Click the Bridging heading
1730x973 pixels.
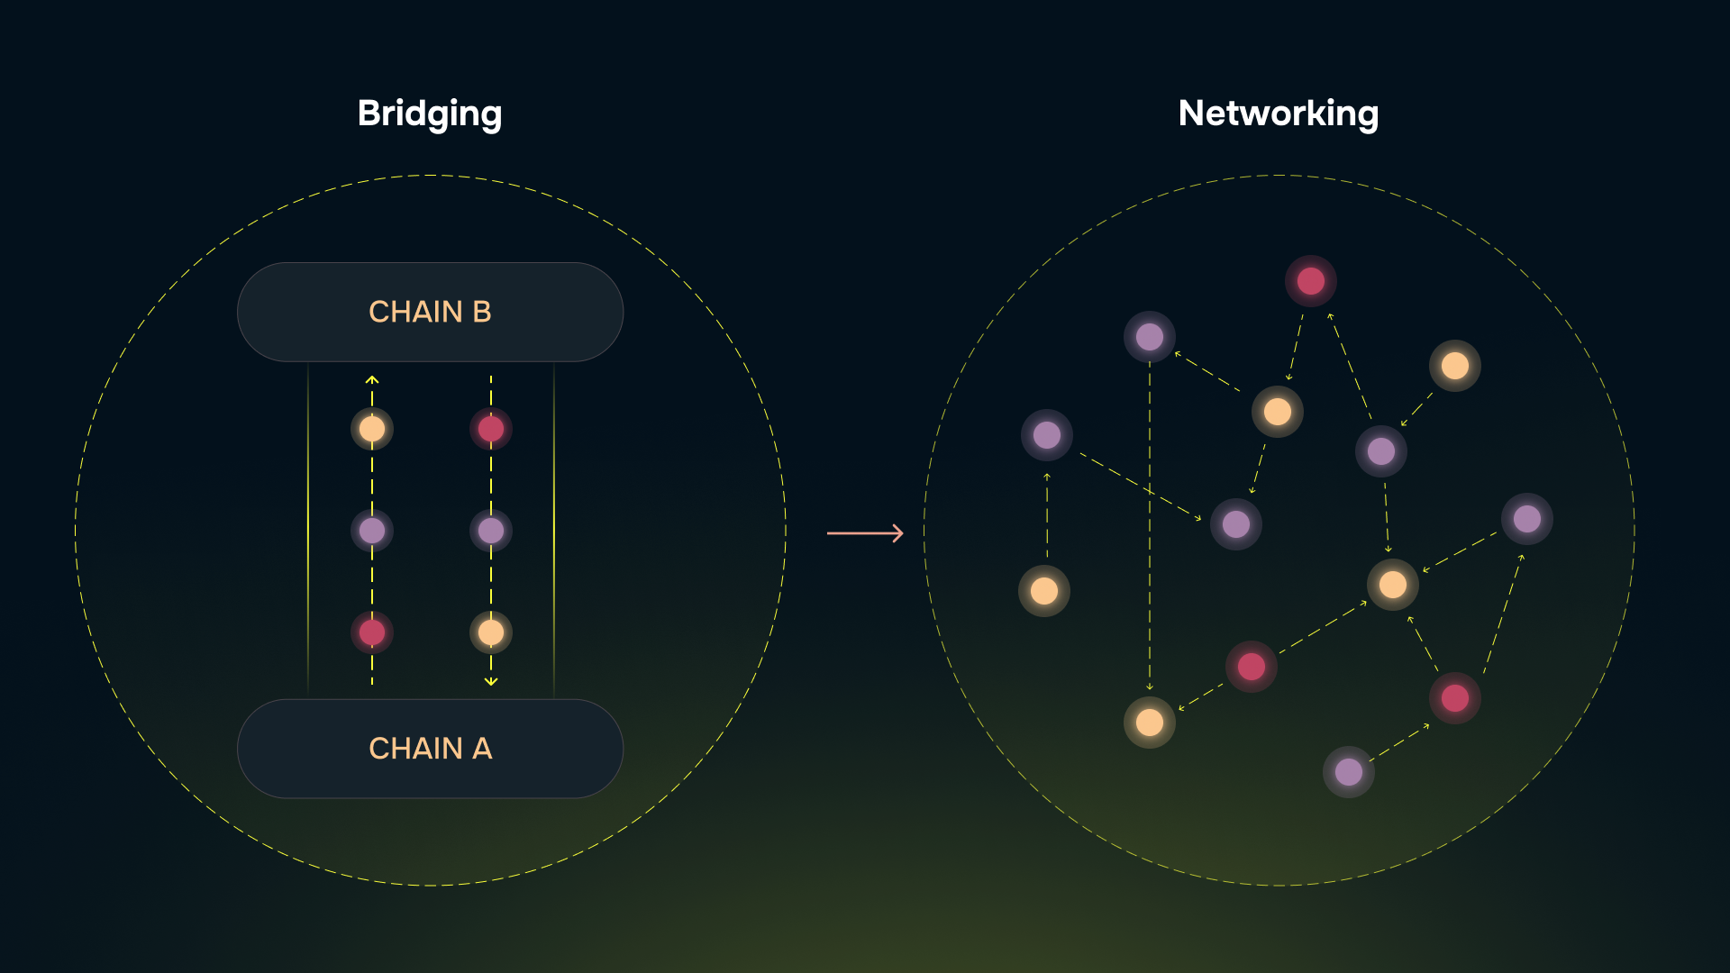tap(430, 114)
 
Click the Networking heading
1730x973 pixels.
tap(1278, 114)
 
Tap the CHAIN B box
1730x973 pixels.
tap(430, 312)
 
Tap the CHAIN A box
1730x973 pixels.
tap(430, 749)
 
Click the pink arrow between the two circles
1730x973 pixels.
tap(865, 533)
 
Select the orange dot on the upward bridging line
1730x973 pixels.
tap(372, 429)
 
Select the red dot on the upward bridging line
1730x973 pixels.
tap(372, 632)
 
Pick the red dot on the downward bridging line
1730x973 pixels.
tap(491, 429)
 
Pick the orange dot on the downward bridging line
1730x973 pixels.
tap(491, 632)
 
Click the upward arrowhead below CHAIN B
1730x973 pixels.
tap(372, 380)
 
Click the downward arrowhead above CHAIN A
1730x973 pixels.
tap(491, 682)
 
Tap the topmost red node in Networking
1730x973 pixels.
tap(1311, 281)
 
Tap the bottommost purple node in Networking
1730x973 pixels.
tap(1349, 772)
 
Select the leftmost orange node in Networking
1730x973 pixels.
tap(1044, 591)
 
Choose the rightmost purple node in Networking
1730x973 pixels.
tap(1527, 519)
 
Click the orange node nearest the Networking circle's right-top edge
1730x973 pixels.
tap(1455, 366)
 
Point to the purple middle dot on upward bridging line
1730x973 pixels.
tap(372, 531)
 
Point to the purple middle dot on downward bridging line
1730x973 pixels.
tap(491, 531)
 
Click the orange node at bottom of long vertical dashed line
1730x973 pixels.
tap(1150, 723)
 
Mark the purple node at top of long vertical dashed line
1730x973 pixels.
tap(1150, 337)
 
